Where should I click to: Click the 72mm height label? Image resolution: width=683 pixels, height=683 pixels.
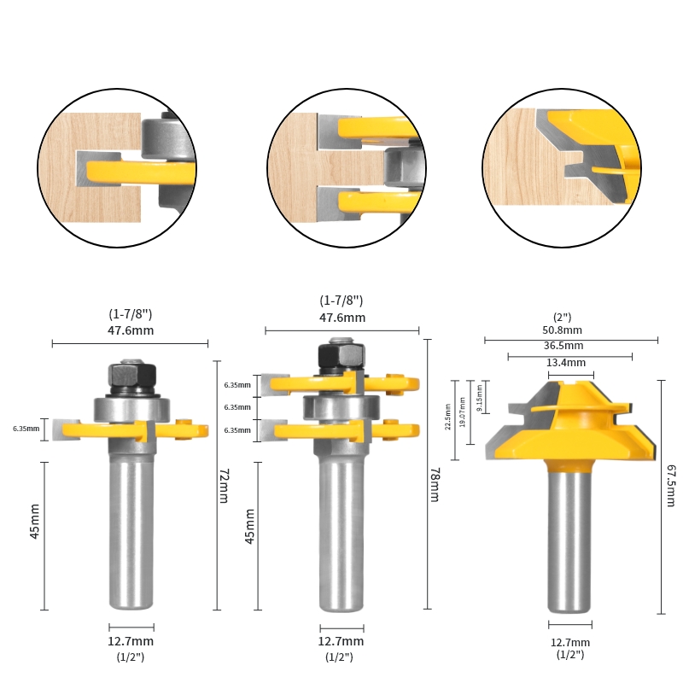pos(224,486)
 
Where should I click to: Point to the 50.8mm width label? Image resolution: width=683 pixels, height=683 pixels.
pos(563,330)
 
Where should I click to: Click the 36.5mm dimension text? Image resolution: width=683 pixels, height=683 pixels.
pos(563,346)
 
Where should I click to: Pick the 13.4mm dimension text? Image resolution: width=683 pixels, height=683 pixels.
pos(566,362)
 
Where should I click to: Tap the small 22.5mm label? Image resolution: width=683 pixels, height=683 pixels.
pos(449,416)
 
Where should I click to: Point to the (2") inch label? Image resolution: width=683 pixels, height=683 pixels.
pos(563,317)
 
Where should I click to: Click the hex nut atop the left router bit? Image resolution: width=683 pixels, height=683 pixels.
pos(131,376)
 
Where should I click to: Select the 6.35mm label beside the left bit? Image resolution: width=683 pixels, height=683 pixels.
pos(26,428)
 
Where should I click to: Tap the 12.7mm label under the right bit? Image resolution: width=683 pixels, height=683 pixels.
pos(569,642)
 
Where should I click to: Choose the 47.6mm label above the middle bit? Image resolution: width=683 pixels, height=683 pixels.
pos(341,318)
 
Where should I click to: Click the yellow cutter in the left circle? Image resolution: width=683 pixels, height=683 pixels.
pos(137,171)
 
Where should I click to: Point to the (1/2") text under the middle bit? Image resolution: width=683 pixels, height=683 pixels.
pos(341,657)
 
